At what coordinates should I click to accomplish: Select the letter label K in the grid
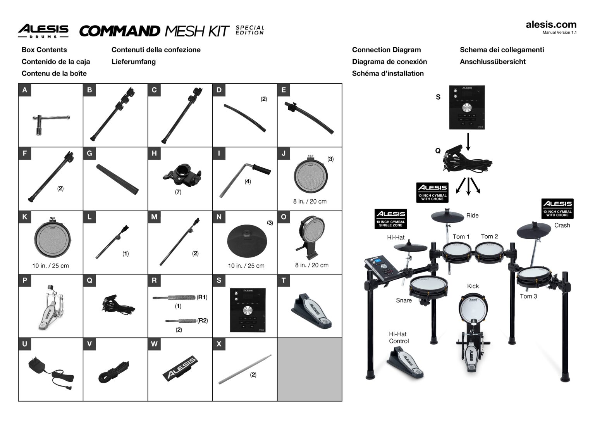(25, 217)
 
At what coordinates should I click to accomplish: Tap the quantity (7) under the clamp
(178, 192)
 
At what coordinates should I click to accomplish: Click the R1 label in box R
(202, 297)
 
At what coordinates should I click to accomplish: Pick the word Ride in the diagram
(472, 216)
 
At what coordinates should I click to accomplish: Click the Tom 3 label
(528, 296)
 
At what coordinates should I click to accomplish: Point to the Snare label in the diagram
(404, 300)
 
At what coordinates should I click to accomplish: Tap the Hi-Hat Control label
(399, 337)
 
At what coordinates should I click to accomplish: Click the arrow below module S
(468, 142)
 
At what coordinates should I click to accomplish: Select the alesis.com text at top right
(551, 24)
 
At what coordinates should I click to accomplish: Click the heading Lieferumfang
(134, 62)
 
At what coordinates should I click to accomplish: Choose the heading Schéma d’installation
(388, 73)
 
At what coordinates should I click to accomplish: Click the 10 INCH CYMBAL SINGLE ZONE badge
(390, 219)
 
